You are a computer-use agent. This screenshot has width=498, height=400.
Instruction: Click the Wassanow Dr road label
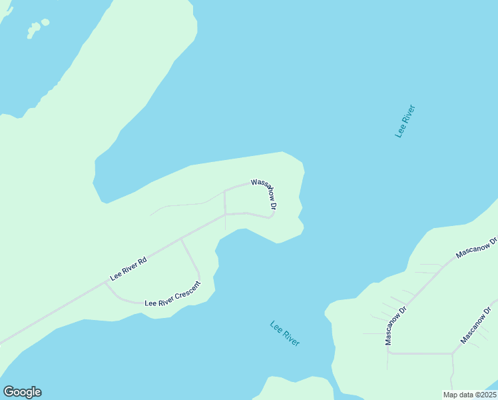(x=264, y=193)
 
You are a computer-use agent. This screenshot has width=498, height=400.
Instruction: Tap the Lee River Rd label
(x=128, y=267)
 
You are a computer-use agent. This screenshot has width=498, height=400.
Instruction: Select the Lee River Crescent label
(x=172, y=301)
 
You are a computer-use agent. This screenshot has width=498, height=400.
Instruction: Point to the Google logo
(x=22, y=392)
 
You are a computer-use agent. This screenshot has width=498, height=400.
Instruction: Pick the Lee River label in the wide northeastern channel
(x=405, y=121)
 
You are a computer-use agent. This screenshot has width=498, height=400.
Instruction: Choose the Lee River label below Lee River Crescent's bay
(x=285, y=333)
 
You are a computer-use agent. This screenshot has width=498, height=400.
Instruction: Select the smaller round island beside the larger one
(x=45, y=22)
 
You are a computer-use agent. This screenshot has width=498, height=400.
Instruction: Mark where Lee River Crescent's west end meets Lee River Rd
(x=105, y=282)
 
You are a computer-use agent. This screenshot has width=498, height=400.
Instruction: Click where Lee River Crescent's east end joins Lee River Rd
(x=181, y=239)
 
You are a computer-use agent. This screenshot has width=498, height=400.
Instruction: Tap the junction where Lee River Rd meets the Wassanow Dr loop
(x=225, y=214)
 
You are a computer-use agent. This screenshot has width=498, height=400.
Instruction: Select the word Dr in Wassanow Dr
(x=273, y=206)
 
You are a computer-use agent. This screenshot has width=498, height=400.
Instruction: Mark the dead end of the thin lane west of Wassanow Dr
(x=150, y=215)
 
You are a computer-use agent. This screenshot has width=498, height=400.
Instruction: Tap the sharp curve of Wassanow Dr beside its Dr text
(x=274, y=214)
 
